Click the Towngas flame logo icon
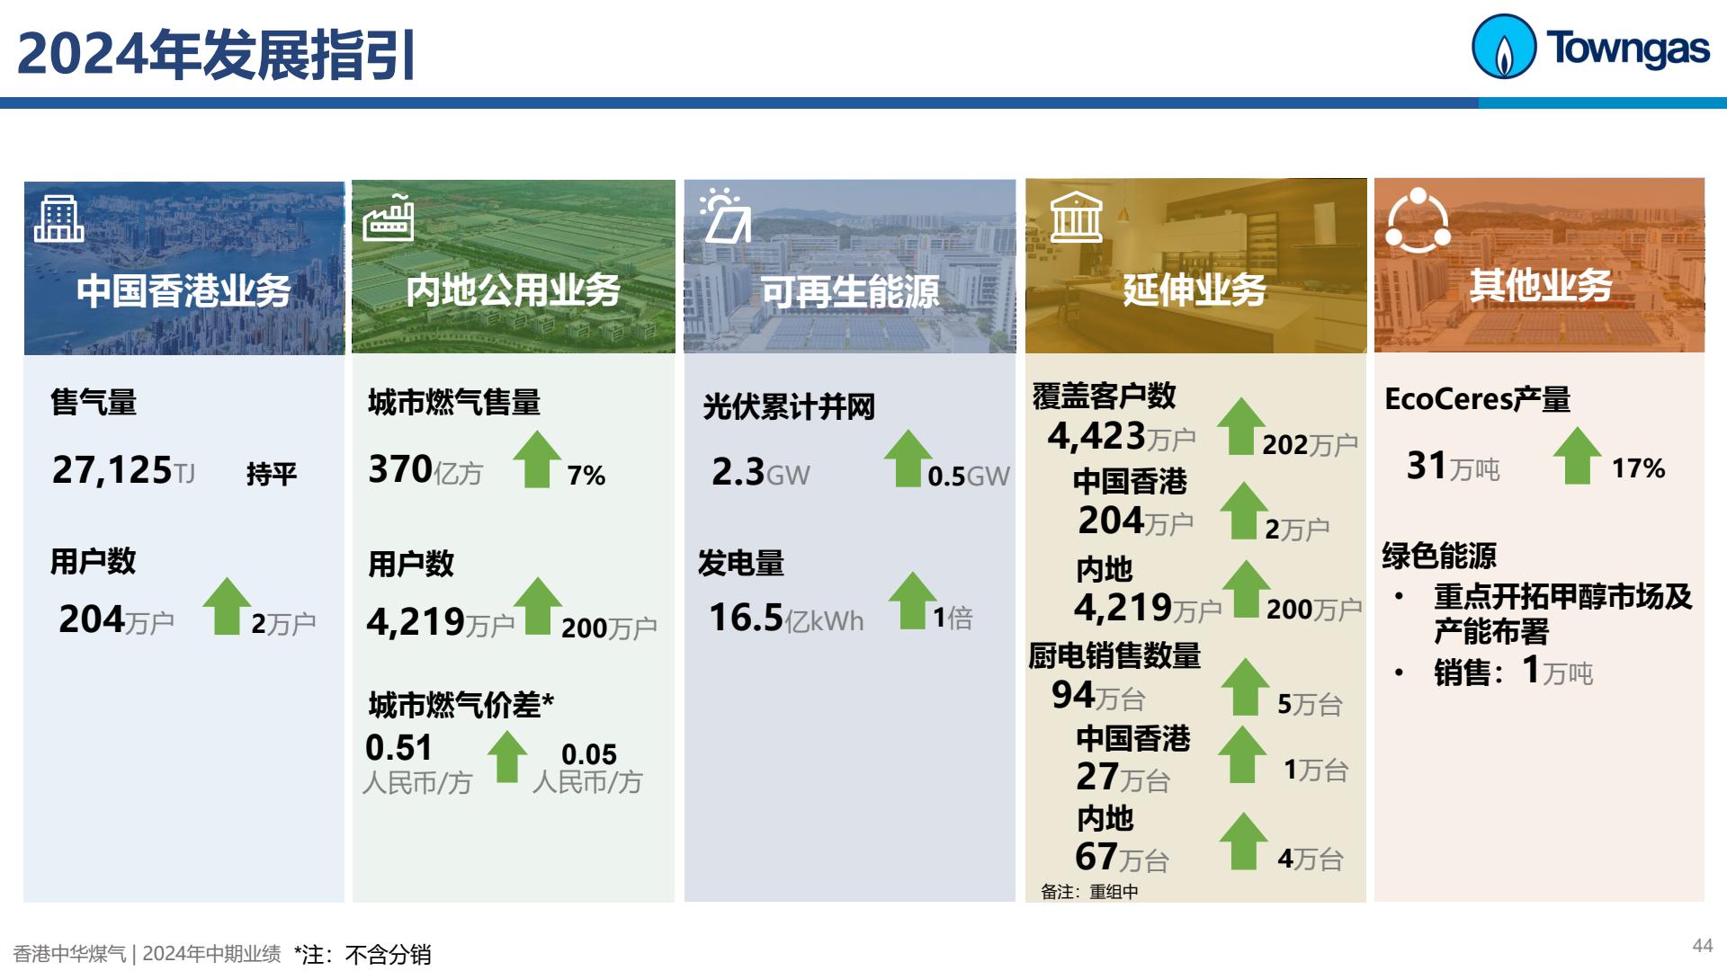(1503, 47)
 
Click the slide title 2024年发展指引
(217, 55)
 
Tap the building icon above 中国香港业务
(58, 219)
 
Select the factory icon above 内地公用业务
(388, 218)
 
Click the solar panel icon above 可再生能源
(725, 216)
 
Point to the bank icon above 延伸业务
(1076, 217)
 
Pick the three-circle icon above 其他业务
(1418, 219)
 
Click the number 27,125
(112, 469)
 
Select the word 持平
(272, 474)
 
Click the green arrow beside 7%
(537, 459)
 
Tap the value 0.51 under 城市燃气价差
(398, 748)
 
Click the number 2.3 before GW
(738, 472)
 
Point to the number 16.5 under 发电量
(746, 618)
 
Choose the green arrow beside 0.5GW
(908, 459)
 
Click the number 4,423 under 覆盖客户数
(1096, 436)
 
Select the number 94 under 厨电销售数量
(1073, 695)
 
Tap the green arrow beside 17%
(1578, 456)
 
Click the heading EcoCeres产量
(1477, 399)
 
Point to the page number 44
(1702, 946)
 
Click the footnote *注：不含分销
(362, 954)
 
